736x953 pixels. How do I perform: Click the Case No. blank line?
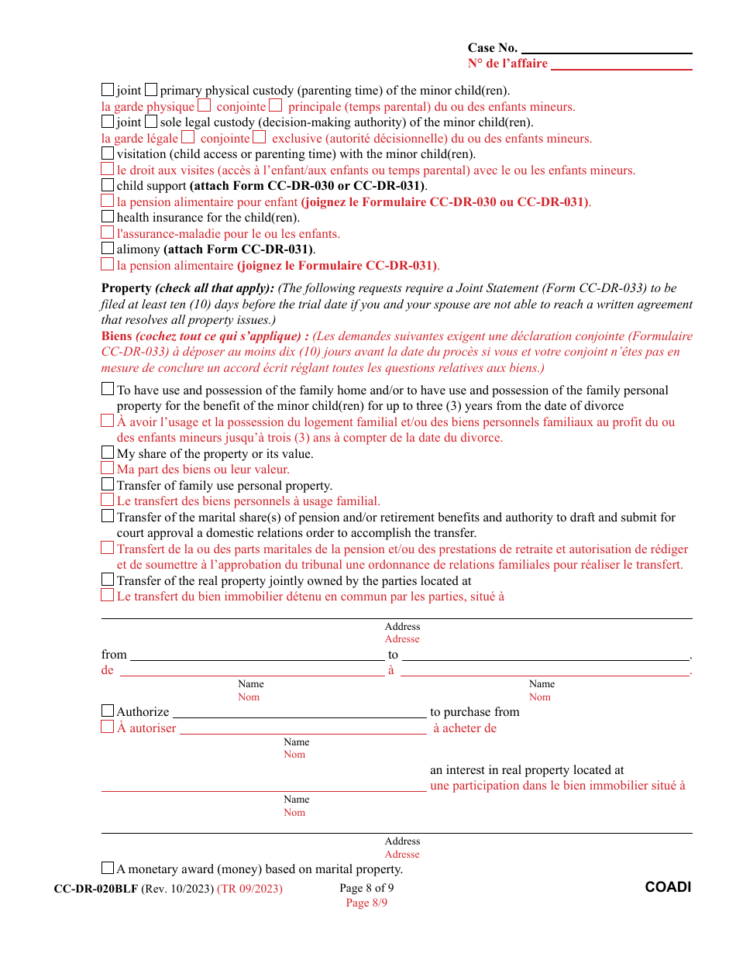pyautogui.click(x=607, y=48)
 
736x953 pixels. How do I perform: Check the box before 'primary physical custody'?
pyautogui.click(x=151, y=90)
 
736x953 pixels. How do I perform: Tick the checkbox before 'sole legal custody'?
pyautogui.click(x=151, y=122)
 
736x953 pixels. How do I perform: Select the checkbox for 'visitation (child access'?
pyautogui.click(x=108, y=153)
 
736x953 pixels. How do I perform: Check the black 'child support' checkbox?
pyautogui.click(x=108, y=185)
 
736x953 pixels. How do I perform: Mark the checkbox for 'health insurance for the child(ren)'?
pyautogui.click(x=108, y=217)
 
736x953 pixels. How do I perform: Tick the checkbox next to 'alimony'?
pyautogui.click(x=108, y=249)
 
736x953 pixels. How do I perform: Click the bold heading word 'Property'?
pyautogui.click(x=126, y=288)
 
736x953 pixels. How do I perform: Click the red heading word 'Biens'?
pyautogui.click(x=117, y=336)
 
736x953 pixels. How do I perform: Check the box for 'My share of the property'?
pyautogui.click(x=108, y=452)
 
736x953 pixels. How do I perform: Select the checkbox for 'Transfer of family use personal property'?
pyautogui.click(x=108, y=484)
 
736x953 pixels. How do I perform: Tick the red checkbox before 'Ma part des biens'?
pyautogui.click(x=108, y=468)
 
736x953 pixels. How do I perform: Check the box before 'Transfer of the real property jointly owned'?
pyautogui.click(x=108, y=580)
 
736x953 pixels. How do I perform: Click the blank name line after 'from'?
pyautogui.click(x=256, y=655)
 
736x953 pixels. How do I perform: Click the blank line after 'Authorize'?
pyautogui.click(x=299, y=712)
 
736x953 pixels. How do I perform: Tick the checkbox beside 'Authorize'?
pyautogui.click(x=108, y=710)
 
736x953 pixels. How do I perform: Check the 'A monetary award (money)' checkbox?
pyautogui.click(x=108, y=869)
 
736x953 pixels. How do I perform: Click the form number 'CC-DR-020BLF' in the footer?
pyautogui.click(x=95, y=889)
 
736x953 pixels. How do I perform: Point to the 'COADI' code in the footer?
pyautogui.click(x=668, y=887)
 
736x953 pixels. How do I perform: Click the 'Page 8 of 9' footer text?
pyautogui.click(x=366, y=888)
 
